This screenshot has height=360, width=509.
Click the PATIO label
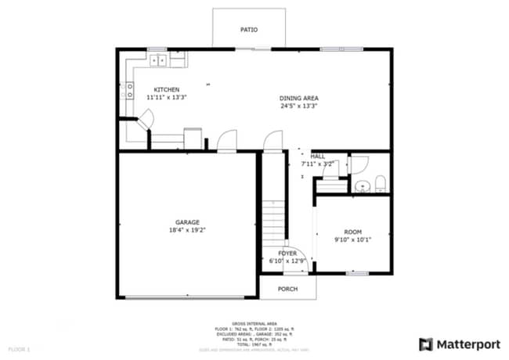coord(248,30)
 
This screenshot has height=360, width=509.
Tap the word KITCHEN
coord(166,89)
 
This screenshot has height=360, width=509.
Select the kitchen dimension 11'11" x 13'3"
coord(166,98)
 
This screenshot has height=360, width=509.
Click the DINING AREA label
coord(299,98)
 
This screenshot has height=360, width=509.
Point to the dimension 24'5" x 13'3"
coord(299,106)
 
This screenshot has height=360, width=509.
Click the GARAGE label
coord(187,222)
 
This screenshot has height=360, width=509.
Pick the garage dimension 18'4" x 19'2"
coord(187,231)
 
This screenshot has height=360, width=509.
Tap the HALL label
coord(318,156)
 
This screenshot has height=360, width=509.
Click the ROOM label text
coord(353,232)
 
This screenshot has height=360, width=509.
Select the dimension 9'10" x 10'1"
coord(353,240)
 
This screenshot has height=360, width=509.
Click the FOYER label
coord(288,253)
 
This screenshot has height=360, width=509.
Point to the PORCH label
coord(287,288)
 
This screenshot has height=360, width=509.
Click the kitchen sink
coord(157,59)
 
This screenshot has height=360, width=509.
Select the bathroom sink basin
coord(362,186)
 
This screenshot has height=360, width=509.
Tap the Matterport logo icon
coord(426,344)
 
